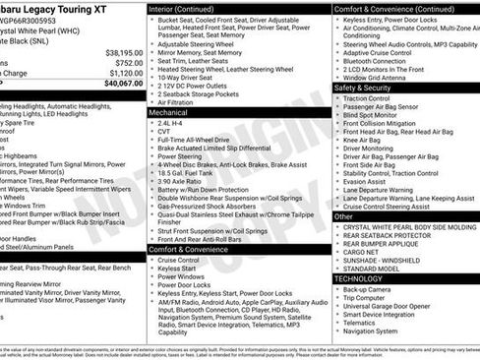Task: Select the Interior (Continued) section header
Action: point(188,8)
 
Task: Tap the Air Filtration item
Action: point(183,101)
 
